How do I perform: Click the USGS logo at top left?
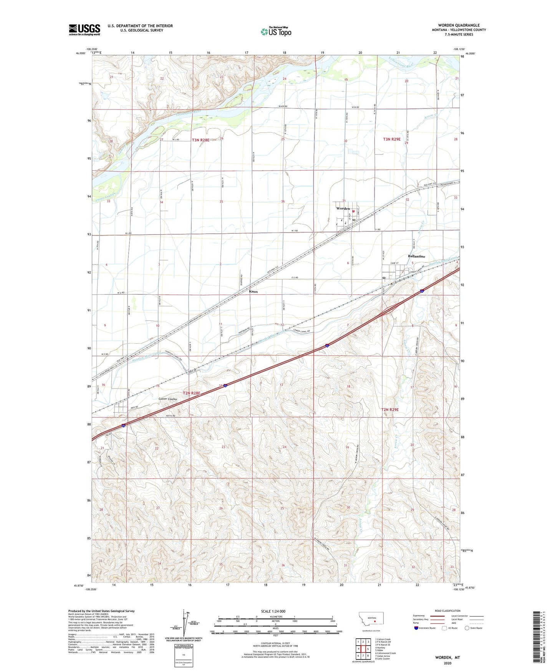tap(84, 30)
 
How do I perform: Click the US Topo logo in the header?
tap(276, 32)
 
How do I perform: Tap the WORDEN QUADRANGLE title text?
tap(459, 25)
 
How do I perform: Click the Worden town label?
tap(343, 209)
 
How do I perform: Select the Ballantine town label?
tap(417, 256)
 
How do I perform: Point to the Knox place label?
tap(253, 292)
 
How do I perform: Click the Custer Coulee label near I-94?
tap(168, 399)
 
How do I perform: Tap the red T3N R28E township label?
tap(200, 140)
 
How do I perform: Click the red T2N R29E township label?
tap(390, 410)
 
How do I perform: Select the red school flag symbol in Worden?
tap(353, 211)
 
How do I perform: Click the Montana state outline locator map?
tap(371, 620)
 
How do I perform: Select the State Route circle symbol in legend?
tap(467, 628)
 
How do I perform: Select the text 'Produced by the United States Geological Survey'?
tap(101, 611)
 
